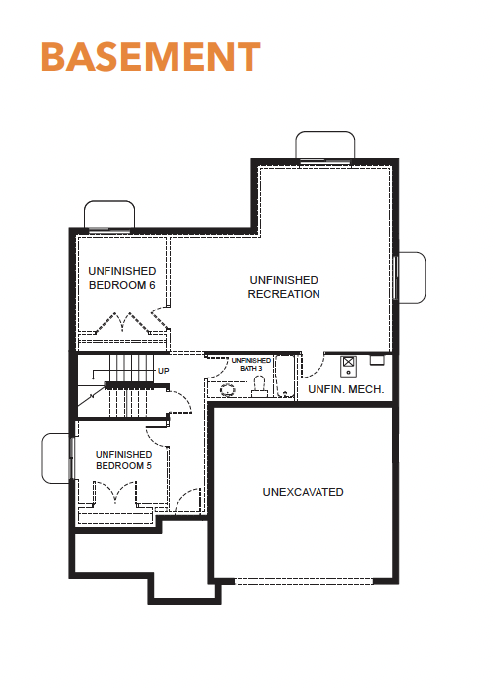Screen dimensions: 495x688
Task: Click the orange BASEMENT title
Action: tap(151, 56)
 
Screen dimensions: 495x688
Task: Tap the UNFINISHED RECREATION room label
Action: tap(284, 287)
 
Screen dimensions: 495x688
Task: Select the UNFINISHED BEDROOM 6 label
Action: tap(122, 278)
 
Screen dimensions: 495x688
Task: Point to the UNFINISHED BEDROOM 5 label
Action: tap(124, 460)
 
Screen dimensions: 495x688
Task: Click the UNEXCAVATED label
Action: tap(304, 492)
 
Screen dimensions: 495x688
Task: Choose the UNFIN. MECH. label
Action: tap(346, 389)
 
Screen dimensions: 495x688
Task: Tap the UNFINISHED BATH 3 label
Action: tap(251, 364)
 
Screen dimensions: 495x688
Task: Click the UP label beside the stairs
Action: tap(164, 371)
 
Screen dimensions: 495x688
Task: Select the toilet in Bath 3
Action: tap(259, 387)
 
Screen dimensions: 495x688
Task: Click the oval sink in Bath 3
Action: tap(228, 389)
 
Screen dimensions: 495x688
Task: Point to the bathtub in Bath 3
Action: tap(285, 377)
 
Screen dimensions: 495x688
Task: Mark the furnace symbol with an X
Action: tap(348, 366)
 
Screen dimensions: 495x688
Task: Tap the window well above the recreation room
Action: tap(325, 145)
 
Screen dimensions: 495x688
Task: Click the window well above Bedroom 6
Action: tap(109, 214)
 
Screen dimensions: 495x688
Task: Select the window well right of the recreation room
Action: tap(411, 277)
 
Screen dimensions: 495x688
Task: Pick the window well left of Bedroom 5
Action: tap(56, 458)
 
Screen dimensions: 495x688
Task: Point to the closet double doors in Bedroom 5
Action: tap(115, 492)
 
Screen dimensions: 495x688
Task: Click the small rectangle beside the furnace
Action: tap(377, 360)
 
